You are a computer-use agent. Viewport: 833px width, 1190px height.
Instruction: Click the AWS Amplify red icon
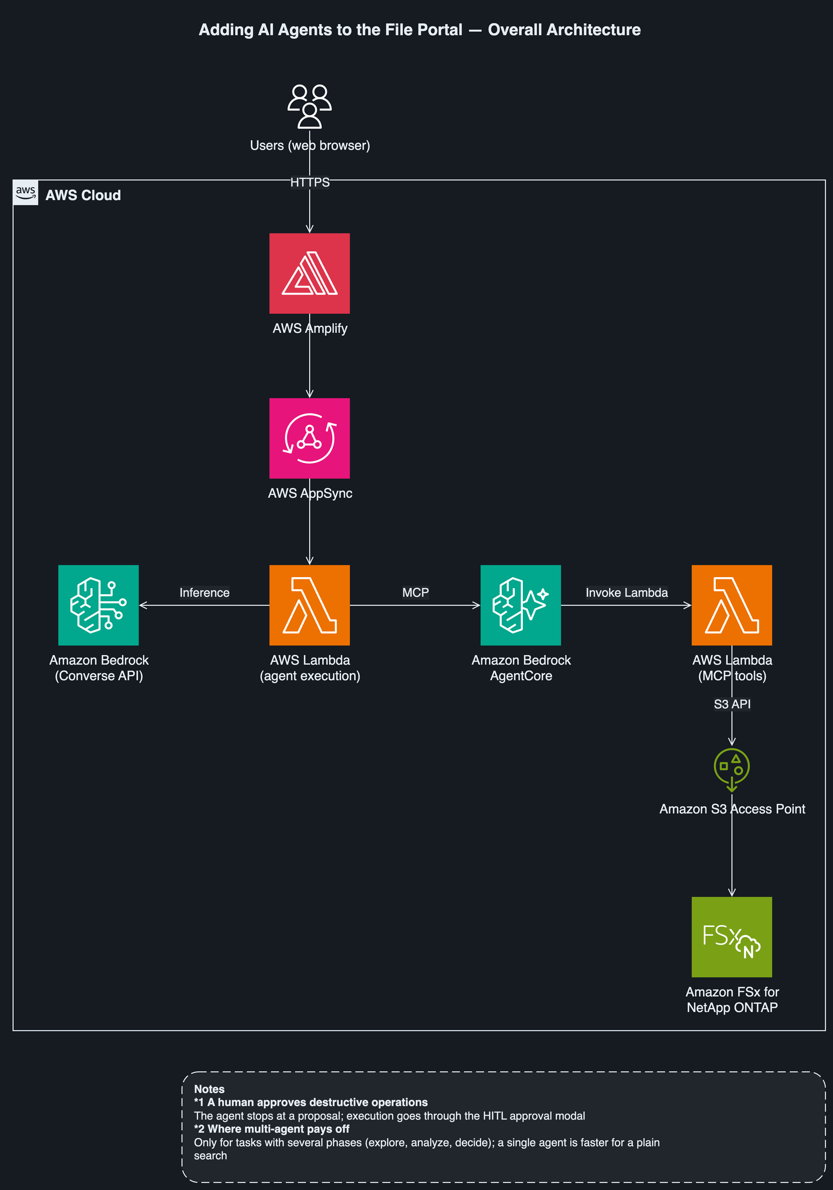coord(310,273)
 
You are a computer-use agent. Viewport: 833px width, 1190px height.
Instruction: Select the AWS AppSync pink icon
coord(310,438)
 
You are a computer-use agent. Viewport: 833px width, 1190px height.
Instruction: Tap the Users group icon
coord(310,106)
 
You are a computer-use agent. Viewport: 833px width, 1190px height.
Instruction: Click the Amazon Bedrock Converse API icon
coord(99,605)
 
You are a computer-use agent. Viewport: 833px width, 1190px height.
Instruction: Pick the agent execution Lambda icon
coord(310,605)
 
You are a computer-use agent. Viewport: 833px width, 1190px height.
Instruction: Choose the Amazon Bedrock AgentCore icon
coord(520,605)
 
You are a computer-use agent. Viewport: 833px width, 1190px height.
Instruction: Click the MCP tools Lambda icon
coord(732,605)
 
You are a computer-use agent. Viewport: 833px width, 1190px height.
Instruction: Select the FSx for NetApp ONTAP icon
coord(732,937)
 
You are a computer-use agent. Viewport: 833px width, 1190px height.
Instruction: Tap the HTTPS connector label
coord(310,182)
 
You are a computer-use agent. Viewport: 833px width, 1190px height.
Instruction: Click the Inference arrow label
coord(204,592)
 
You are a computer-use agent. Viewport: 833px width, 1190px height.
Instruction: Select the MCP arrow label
coord(416,592)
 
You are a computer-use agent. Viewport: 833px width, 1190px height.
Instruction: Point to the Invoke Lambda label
coord(627,592)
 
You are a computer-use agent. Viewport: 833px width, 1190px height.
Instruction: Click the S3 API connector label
coord(732,704)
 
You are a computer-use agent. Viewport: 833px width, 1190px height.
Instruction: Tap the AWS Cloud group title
coord(83,195)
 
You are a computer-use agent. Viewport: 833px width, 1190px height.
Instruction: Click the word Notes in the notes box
coord(209,1089)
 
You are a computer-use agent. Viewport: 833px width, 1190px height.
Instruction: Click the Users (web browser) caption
coord(310,145)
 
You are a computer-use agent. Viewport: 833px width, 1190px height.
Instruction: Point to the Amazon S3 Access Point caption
coord(732,808)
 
